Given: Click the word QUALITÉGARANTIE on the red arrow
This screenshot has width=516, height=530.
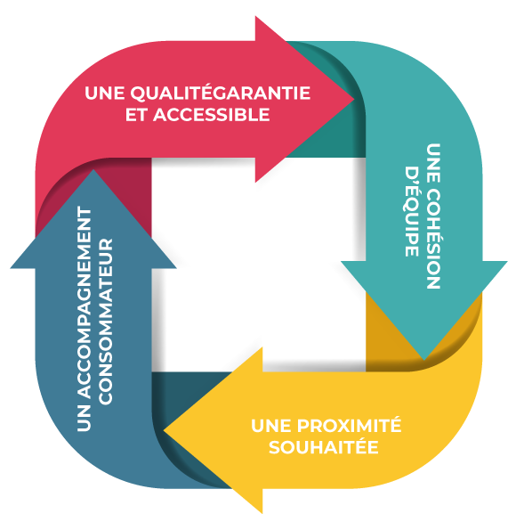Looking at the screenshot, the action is (x=220, y=94).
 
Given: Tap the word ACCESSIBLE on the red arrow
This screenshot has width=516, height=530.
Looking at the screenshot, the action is (x=212, y=115).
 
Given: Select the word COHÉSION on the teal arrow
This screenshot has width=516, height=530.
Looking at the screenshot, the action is (x=433, y=239).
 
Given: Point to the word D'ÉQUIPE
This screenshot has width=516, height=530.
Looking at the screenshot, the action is (x=412, y=212).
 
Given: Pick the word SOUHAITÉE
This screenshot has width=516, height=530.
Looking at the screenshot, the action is (x=324, y=447).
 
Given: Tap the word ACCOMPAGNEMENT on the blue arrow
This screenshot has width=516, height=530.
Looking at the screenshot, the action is (x=85, y=302).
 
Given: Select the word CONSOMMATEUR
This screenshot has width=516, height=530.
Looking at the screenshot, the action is (x=105, y=322).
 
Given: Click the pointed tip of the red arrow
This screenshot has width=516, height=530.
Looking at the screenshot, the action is (x=354, y=99).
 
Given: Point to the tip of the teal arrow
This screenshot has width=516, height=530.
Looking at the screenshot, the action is (x=424, y=360).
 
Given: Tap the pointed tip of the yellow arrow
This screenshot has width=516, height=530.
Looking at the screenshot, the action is (x=164, y=430).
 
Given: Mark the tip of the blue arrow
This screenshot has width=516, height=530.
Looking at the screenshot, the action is (x=93, y=169).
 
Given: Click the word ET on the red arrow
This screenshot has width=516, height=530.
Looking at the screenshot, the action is (x=137, y=115).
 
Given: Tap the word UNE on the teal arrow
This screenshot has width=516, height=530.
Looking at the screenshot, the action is (x=433, y=163).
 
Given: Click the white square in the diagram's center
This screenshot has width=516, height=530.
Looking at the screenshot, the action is (x=258, y=265).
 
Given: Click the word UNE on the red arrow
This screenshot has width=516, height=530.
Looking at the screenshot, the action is (x=104, y=94).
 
